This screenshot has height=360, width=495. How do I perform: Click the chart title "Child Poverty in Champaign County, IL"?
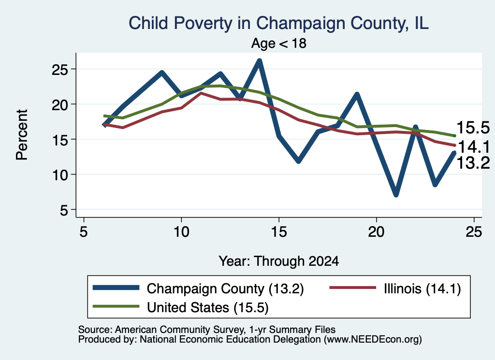point(278,23)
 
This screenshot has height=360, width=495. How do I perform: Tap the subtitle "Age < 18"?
point(279,43)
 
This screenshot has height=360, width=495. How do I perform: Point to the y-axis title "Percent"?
point(22,135)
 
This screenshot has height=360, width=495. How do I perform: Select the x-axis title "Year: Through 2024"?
point(279,261)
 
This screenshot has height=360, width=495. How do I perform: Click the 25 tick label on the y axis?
point(60,70)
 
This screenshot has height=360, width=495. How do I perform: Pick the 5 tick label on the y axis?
point(64,210)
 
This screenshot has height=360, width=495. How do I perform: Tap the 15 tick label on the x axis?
point(279,232)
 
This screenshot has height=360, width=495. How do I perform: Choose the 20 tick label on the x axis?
point(376,232)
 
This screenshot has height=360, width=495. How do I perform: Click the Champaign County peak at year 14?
point(260,60)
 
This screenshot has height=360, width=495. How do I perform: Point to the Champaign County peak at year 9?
point(162,72)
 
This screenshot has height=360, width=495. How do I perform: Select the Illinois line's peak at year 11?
point(201,93)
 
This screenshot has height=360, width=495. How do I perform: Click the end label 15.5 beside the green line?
point(473,128)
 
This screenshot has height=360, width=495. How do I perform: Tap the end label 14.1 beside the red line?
point(474,147)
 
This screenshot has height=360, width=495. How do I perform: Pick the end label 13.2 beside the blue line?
point(473,163)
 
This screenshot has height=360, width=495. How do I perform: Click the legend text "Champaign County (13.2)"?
point(225,288)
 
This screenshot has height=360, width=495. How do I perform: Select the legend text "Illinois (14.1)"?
point(422,288)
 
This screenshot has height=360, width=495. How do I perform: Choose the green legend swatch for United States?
point(116,306)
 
